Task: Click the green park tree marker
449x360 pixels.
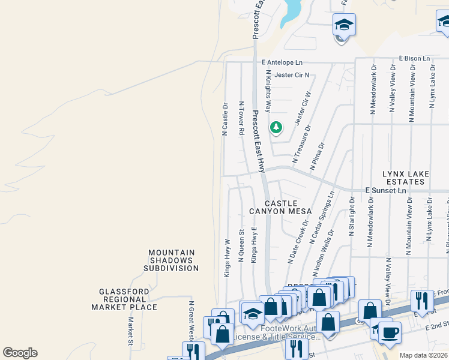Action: (276, 127)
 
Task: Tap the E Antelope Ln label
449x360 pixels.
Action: (283, 62)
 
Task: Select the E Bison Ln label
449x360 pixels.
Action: (415, 59)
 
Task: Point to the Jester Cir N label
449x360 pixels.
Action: (292, 75)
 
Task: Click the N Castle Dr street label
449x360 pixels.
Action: (225, 119)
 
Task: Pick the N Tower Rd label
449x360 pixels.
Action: (242, 118)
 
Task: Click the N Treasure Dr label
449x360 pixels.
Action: (302, 144)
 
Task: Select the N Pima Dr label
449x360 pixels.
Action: (317, 157)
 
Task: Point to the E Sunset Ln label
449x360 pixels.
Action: (386, 190)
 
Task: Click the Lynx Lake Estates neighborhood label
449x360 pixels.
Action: (406, 178)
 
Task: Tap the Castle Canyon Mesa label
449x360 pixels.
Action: (281, 208)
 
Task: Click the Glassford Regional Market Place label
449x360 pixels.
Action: (124, 299)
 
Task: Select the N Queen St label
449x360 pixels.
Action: (241, 245)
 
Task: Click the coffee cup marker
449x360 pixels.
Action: (390, 332)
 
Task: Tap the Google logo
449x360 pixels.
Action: (20, 353)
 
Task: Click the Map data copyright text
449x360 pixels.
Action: (423, 355)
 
